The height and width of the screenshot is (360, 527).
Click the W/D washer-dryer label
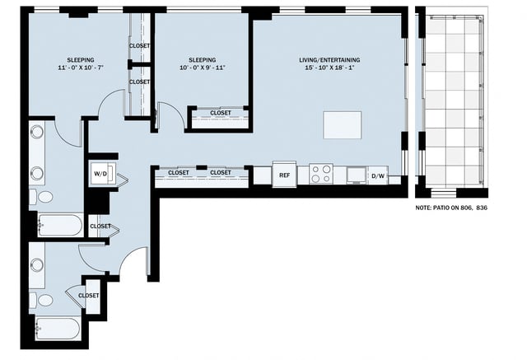tap(100, 174)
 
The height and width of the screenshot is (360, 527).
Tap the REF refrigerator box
tap(284, 174)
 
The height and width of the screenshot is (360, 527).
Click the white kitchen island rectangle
tap(342, 125)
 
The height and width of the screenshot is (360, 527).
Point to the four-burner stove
tap(321, 174)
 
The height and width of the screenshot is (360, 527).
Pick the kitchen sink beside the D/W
tap(356, 174)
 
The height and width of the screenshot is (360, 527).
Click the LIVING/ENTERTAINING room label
tap(329, 60)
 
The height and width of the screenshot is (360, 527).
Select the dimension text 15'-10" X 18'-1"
tap(329, 68)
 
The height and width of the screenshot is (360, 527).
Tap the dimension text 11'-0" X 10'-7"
tap(81, 68)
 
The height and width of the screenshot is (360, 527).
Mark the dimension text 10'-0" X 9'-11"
tap(202, 68)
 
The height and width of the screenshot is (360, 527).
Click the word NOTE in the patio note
tap(426, 209)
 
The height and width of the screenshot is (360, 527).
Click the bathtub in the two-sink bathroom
tap(59, 225)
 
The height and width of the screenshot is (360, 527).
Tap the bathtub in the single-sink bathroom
tap(58, 328)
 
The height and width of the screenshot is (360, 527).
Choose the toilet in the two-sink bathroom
tap(44, 197)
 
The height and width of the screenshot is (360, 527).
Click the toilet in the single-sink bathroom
tap(44, 300)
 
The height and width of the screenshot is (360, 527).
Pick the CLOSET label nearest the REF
tap(220, 173)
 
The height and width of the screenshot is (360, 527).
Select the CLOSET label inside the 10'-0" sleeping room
tap(220, 113)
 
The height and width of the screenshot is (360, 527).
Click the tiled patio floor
tap(450, 99)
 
